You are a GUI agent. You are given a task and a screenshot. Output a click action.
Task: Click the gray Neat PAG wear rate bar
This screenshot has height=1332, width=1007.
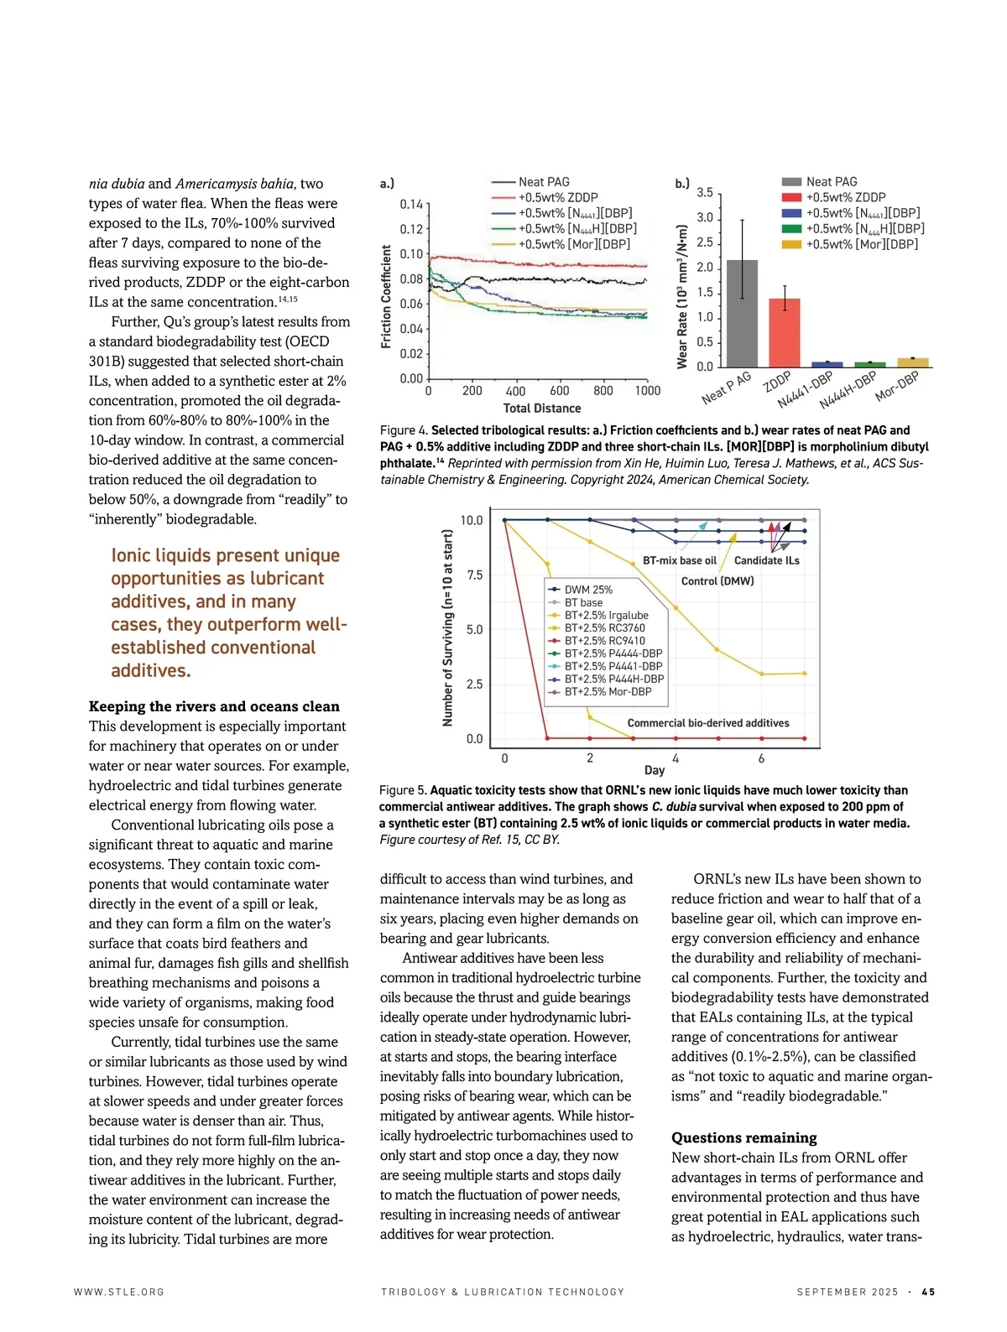(x=742, y=314)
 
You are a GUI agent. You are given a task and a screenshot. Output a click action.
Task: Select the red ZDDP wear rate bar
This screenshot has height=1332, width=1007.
(x=785, y=333)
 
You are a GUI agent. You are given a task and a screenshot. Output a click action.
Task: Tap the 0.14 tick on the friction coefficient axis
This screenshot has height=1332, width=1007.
(x=412, y=205)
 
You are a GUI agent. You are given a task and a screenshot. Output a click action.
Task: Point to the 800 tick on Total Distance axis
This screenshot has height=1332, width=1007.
(x=603, y=391)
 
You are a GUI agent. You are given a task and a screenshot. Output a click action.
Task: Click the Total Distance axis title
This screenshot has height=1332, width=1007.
(x=542, y=408)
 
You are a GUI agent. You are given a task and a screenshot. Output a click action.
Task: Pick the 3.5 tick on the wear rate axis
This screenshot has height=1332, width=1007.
(x=705, y=193)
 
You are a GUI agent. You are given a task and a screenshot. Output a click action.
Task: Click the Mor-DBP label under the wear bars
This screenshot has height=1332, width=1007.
(x=897, y=386)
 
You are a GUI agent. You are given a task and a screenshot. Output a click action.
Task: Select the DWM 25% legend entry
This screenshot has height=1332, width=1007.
(x=588, y=590)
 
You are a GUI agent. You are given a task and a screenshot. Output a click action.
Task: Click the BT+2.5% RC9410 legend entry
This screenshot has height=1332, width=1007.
(x=605, y=641)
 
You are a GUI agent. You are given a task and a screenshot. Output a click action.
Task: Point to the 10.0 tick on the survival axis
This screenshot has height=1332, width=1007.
(x=472, y=521)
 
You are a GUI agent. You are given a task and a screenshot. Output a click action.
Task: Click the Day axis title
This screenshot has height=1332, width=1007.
(x=655, y=770)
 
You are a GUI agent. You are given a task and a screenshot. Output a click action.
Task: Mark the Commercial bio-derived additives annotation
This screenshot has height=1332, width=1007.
(x=708, y=723)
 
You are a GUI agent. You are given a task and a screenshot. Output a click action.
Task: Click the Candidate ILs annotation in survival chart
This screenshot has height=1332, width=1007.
(x=767, y=560)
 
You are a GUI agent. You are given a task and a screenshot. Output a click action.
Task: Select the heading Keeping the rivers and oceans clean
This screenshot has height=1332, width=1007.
(x=214, y=706)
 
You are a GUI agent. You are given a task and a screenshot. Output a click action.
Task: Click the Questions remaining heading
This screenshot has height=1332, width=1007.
(x=744, y=1138)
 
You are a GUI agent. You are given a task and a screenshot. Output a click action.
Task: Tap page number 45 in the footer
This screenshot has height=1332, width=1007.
(x=928, y=1293)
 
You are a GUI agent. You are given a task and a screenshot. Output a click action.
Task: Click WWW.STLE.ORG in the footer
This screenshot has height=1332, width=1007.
(x=119, y=1293)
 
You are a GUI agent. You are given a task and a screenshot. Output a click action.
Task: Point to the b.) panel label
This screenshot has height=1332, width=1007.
(x=682, y=183)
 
